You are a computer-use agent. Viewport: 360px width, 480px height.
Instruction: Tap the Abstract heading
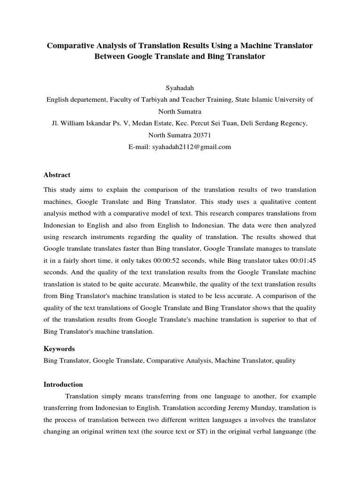57,175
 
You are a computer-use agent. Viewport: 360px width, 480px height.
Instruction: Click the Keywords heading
59,349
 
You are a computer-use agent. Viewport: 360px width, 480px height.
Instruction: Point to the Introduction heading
63,384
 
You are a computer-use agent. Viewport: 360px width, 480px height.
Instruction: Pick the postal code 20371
201,135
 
